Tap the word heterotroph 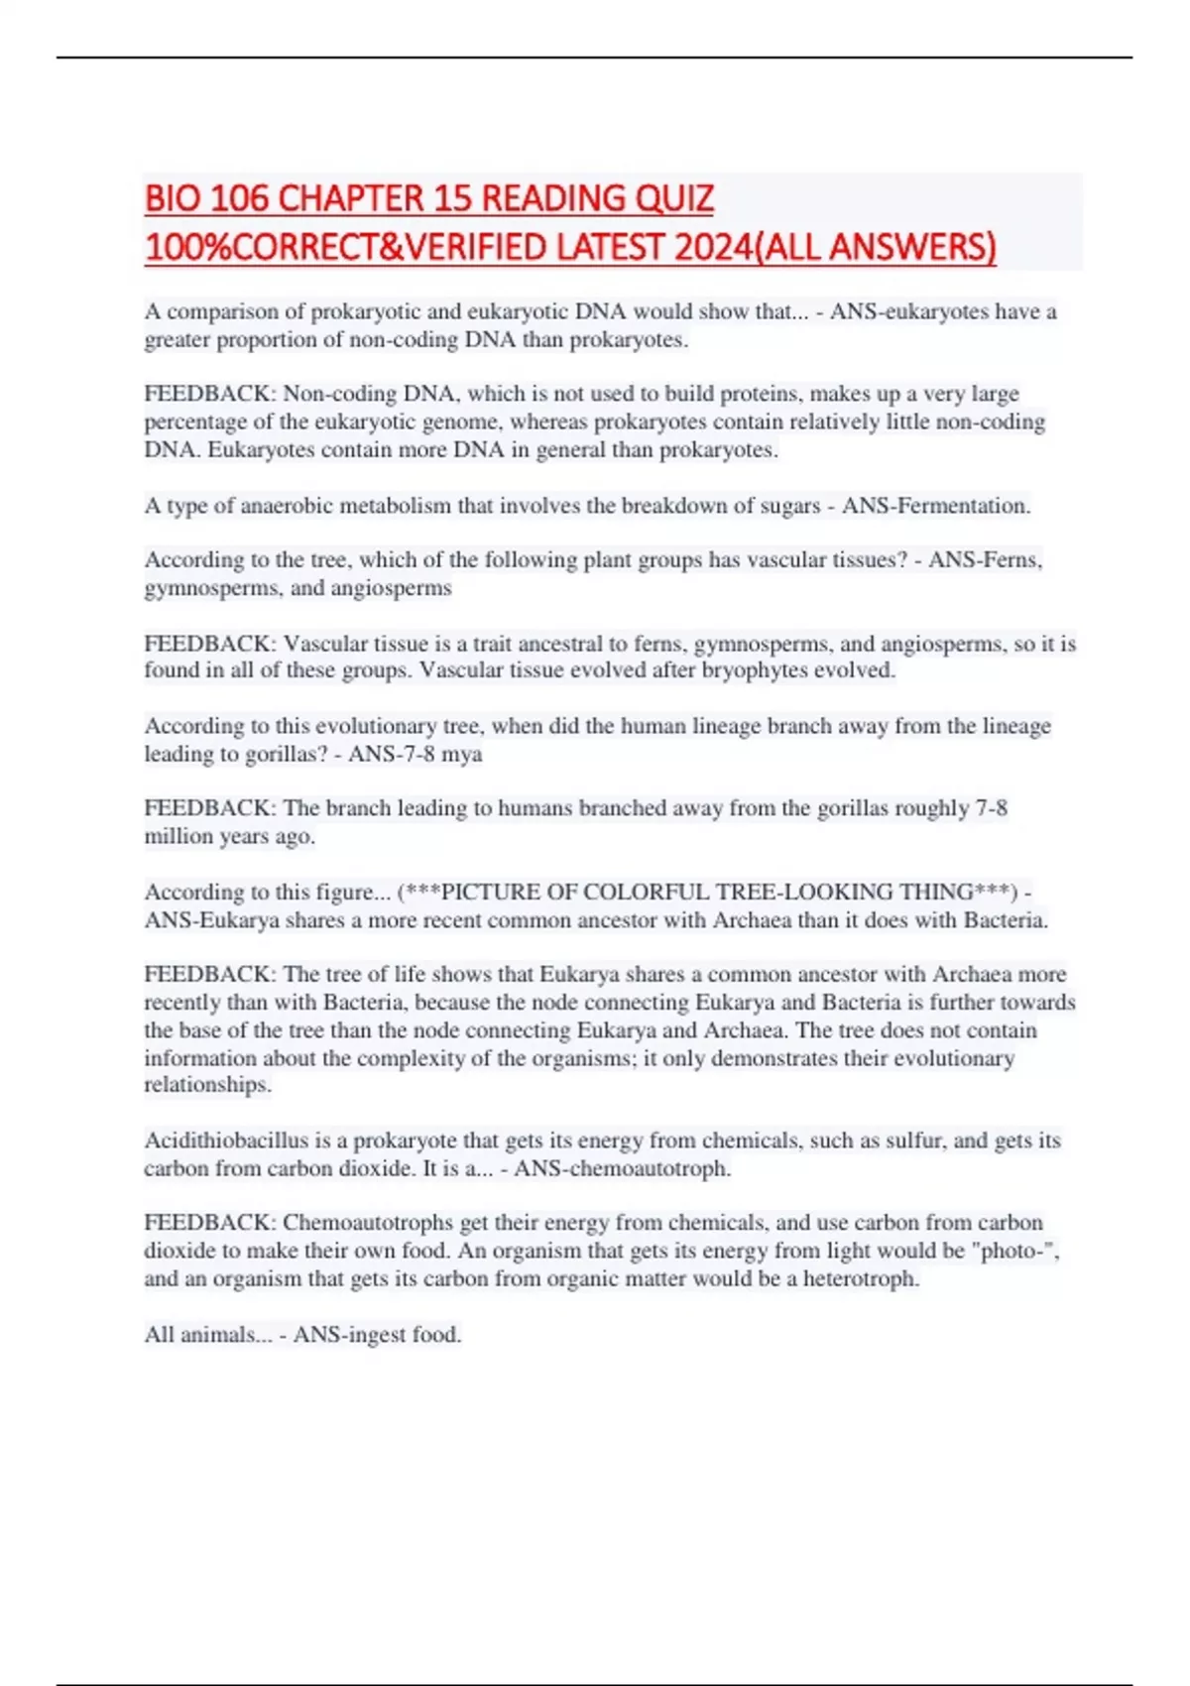tap(860, 1278)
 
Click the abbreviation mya tap(462, 754)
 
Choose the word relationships tap(206, 1085)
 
